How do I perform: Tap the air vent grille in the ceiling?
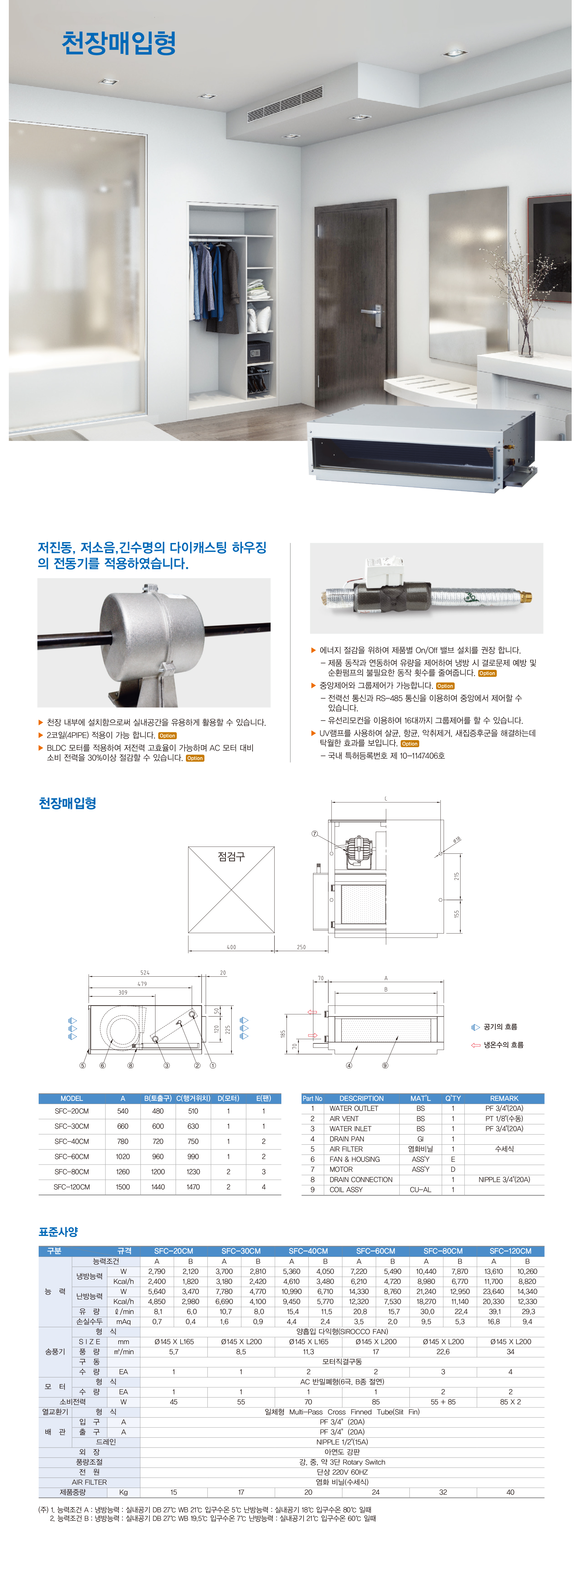coord(285,104)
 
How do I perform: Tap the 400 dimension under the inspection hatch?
coord(231,947)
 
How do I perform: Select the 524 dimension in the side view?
coord(145,973)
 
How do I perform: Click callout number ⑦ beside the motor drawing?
coord(315,834)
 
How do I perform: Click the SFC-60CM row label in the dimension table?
coord(72,1156)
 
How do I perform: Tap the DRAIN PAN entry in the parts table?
coord(347,1138)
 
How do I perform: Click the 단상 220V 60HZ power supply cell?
coord(342,1472)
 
